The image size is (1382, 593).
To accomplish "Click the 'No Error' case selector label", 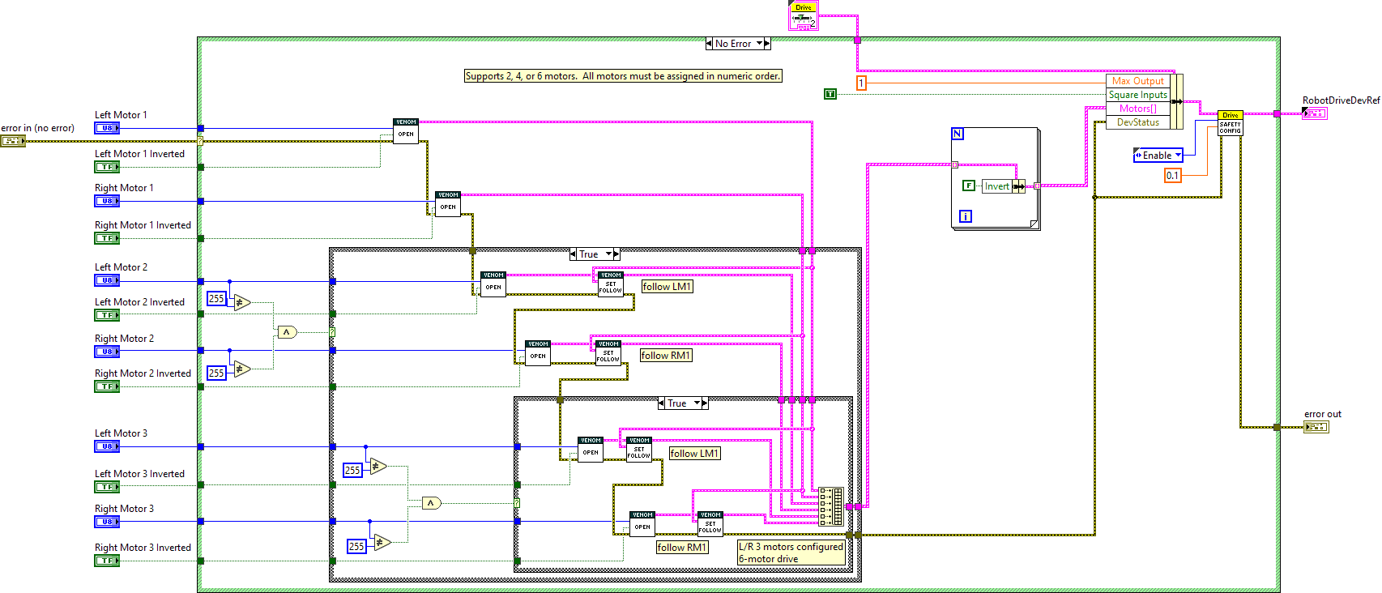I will pyautogui.click(x=732, y=44).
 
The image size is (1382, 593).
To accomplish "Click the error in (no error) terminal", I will pyautogui.click(x=13, y=141).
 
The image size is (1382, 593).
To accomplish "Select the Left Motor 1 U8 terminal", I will pyautogui.click(x=107, y=128).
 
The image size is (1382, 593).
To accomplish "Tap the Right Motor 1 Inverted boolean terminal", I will pyautogui.click(x=107, y=238).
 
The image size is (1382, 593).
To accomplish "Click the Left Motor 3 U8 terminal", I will pyautogui.click(x=107, y=446).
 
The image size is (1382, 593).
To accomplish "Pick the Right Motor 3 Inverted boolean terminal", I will pyautogui.click(x=107, y=561).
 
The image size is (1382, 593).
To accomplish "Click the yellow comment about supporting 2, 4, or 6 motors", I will pyautogui.click(x=623, y=76).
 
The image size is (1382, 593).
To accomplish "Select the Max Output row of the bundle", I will pyautogui.click(x=1137, y=81).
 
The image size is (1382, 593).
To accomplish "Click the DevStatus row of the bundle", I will pyautogui.click(x=1137, y=122).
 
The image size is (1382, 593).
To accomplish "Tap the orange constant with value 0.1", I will pyautogui.click(x=1172, y=175).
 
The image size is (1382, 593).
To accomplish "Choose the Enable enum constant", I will pyautogui.click(x=1157, y=156).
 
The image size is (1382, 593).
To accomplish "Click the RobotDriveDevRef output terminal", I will pyautogui.click(x=1314, y=113).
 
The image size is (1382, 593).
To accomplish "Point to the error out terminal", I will pyautogui.click(x=1316, y=427).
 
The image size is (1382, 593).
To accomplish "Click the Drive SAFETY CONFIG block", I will pyautogui.click(x=1230, y=124).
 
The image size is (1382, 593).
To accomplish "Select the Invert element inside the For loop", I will pyautogui.click(x=996, y=186).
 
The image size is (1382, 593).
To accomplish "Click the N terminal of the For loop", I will pyautogui.click(x=958, y=134).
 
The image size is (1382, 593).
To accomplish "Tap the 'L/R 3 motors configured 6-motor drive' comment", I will pyautogui.click(x=791, y=552).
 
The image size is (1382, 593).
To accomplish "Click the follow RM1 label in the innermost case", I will pyautogui.click(x=681, y=548).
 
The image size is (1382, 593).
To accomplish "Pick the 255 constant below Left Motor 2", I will pyautogui.click(x=216, y=299).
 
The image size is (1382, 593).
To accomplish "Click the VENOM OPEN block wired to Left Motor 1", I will pyautogui.click(x=406, y=131).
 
